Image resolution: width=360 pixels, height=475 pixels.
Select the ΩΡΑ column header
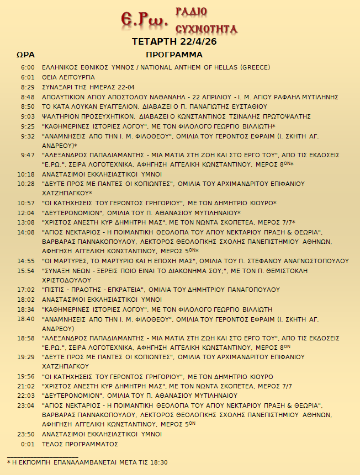(26, 55)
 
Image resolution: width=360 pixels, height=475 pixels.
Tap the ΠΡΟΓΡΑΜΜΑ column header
(174, 55)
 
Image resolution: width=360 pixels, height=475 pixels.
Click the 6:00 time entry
(28, 67)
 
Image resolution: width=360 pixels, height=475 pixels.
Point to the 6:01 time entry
(28, 77)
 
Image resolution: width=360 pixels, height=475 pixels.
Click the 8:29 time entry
(28, 87)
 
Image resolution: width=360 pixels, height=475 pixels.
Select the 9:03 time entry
(28, 116)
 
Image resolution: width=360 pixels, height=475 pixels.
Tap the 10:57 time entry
(27, 203)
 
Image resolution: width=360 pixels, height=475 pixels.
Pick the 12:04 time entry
(27, 212)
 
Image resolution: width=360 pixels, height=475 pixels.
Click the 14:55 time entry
(27, 261)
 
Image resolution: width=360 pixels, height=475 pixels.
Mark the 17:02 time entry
(27, 290)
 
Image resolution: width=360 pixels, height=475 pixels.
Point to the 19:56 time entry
(27, 376)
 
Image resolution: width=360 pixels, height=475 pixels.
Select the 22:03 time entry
(27, 396)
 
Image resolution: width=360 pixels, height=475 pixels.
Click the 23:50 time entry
(27, 434)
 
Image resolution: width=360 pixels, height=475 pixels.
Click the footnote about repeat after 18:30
(87, 462)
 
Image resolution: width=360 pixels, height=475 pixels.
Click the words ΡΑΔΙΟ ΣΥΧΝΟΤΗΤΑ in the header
(206, 20)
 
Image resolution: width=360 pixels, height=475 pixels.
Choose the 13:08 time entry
(27, 222)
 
